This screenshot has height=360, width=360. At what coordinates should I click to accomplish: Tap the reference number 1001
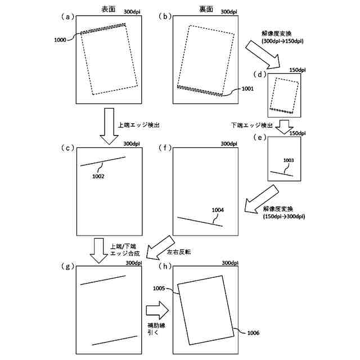pos(247,88)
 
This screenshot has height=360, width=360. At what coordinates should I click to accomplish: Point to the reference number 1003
pos(288,160)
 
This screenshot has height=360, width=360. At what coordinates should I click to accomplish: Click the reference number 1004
pos(218,210)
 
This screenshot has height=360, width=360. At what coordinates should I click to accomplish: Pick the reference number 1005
pos(159,288)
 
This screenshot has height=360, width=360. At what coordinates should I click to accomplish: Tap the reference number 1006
pos(253,334)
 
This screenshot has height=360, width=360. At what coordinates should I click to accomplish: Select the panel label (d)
pos(259,74)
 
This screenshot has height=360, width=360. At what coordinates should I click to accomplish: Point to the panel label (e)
pos(259,137)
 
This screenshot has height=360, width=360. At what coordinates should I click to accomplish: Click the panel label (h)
pos(166,266)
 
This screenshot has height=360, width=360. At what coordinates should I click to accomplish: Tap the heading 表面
pos(102,10)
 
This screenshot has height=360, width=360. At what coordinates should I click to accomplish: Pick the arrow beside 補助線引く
pos(156,309)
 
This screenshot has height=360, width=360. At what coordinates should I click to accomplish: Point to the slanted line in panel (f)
pos(200,221)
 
